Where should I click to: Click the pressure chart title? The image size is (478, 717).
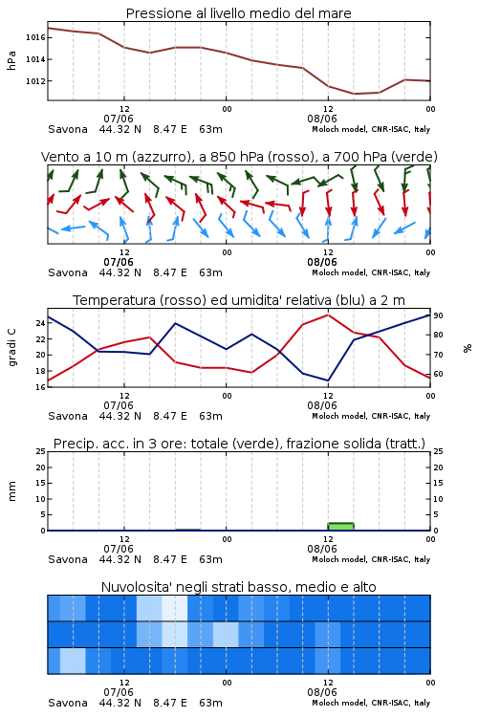[239, 13]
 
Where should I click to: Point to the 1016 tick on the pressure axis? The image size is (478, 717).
[34, 37]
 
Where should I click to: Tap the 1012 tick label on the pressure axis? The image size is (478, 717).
[34, 81]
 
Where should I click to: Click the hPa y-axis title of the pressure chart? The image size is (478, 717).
[11, 60]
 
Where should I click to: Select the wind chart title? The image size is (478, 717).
[239, 157]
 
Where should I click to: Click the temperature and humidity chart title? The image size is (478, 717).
[239, 300]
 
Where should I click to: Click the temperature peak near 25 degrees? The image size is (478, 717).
[328, 315]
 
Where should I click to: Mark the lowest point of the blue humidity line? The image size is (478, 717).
[328, 380]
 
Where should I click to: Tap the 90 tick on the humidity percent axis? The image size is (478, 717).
[438, 316]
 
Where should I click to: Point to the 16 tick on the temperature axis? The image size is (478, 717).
[40, 387]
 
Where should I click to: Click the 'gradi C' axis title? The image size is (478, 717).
[11, 348]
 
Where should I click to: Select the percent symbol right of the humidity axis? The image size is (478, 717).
[467, 348]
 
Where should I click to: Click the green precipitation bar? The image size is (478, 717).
[340, 527]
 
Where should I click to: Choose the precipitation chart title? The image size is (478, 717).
[239, 444]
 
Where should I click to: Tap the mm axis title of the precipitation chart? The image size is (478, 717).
[11, 491]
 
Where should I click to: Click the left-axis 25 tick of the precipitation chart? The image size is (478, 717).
[40, 451]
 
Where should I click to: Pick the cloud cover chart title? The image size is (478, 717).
[239, 587]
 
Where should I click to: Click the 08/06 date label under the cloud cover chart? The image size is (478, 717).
[322, 692]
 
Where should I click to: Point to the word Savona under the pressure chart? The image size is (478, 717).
[68, 129]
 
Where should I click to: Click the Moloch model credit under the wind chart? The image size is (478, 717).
[371, 272]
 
